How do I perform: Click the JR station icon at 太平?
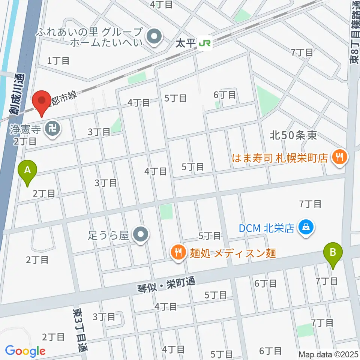(205, 43)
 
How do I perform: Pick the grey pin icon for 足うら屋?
(141, 235)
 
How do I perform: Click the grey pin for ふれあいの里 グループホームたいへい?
(153, 37)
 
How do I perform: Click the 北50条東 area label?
(293, 135)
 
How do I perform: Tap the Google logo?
(25, 351)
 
